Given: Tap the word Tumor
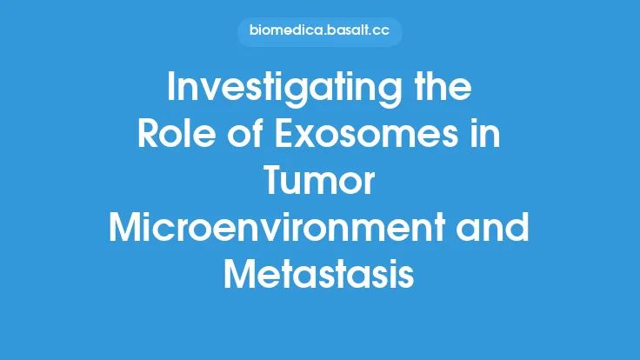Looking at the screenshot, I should tap(320, 183).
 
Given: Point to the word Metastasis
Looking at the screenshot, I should tap(320, 276).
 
